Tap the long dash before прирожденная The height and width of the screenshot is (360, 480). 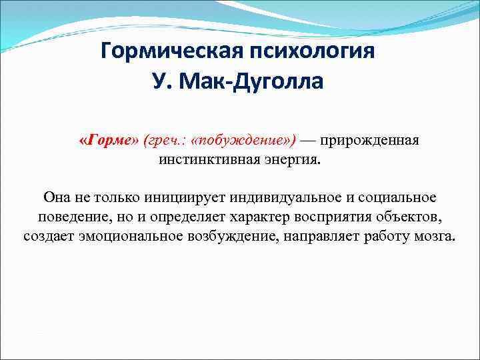(308, 141)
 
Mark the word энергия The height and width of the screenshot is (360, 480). (292, 160)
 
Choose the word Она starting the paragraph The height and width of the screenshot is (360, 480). (57, 197)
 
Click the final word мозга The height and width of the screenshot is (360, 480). (437, 236)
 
